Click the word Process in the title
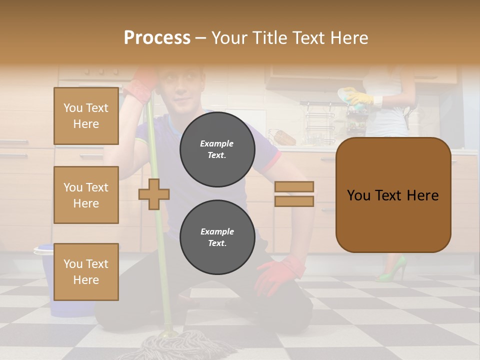point(157,38)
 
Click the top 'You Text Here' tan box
point(86,116)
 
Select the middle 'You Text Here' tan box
point(86,195)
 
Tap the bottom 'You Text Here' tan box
point(86,271)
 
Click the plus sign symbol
point(154,194)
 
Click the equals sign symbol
point(294,194)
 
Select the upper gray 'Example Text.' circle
point(217,149)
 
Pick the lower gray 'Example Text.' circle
point(217,237)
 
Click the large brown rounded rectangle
point(393,195)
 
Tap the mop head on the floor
point(170,345)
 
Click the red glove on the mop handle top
point(142,82)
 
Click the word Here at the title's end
point(348,38)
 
